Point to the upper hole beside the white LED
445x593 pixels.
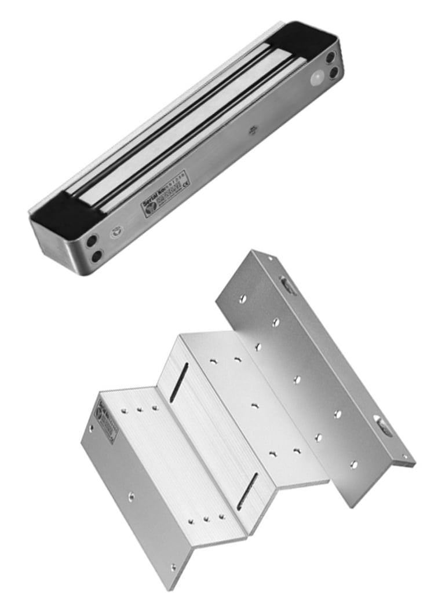(330, 58)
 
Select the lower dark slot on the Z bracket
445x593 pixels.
(247, 491)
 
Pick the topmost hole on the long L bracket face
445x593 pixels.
(243, 299)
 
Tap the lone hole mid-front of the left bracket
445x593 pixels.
(132, 496)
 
